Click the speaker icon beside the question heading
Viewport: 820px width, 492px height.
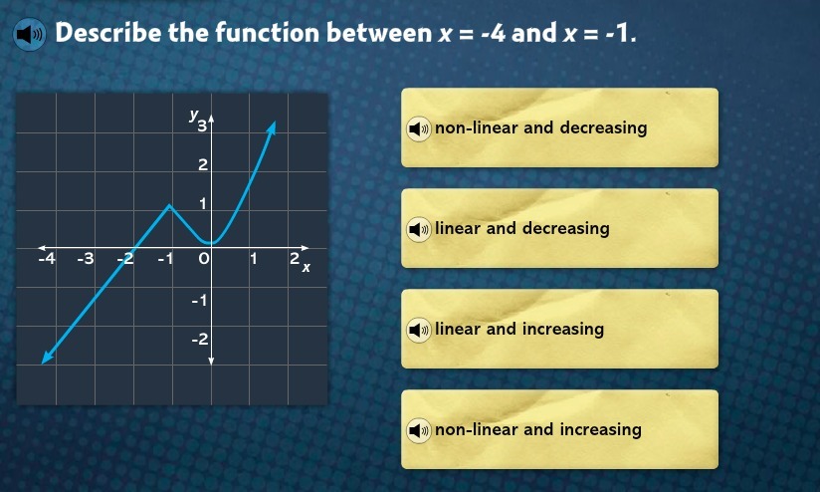click(29, 35)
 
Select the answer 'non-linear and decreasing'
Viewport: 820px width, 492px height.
click(559, 127)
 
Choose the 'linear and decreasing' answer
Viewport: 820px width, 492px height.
click(559, 228)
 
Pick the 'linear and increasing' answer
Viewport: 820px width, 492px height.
click(559, 329)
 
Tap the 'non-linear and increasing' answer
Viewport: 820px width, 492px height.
click(559, 429)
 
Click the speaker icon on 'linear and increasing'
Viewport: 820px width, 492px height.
click(419, 330)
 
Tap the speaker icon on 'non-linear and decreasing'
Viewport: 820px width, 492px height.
click(419, 128)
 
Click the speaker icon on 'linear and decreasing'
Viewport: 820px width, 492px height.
click(419, 229)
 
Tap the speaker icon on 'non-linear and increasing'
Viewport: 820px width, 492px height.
click(419, 430)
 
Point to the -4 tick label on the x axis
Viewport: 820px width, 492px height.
click(47, 258)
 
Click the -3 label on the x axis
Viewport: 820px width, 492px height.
click(86, 258)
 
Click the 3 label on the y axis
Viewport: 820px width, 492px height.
click(202, 125)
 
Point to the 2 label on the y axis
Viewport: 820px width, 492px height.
click(203, 165)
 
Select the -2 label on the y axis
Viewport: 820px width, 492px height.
click(200, 340)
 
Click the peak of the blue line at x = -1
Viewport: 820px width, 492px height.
click(169, 205)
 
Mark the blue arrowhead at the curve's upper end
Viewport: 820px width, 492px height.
click(271, 127)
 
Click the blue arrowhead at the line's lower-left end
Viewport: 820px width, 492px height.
click(47, 357)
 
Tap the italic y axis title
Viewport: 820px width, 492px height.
click(194, 115)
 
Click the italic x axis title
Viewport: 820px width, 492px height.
click(306, 268)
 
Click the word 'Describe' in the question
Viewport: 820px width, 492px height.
click(108, 33)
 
